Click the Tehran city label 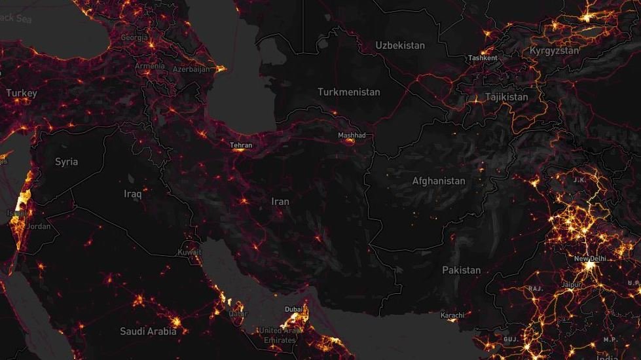(x=241, y=145)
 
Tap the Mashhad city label (x=351, y=135)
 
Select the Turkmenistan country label (x=348, y=92)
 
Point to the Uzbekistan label (x=399, y=45)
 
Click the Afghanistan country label (x=438, y=181)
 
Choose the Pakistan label (x=461, y=270)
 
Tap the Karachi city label (x=452, y=315)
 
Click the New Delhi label (x=590, y=259)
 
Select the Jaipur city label (x=572, y=285)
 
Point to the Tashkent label (x=483, y=58)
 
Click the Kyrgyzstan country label (x=554, y=50)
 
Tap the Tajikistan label (x=506, y=97)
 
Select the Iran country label (x=280, y=201)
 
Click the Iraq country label (x=133, y=194)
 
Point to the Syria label (x=66, y=162)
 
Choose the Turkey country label (x=22, y=94)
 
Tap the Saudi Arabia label (x=148, y=331)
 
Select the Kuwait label (x=189, y=252)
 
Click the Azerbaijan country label (x=191, y=69)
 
